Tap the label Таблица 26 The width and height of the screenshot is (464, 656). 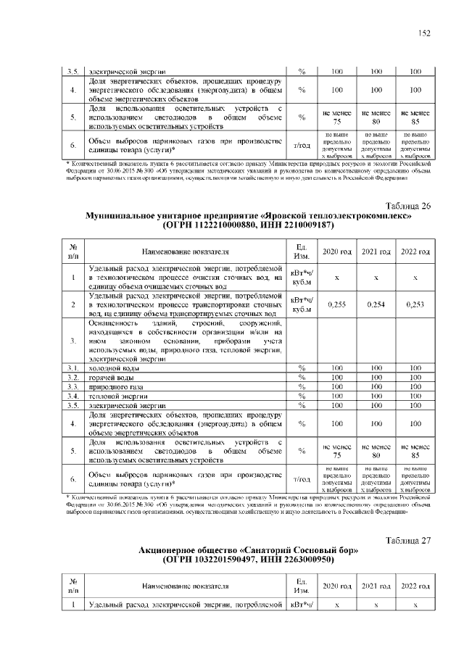click(409, 206)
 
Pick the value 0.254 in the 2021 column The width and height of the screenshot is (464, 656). click(376, 305)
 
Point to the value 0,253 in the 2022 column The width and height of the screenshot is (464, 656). click(415, 305)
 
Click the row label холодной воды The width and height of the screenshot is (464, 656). click(109, 368)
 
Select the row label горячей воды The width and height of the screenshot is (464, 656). click(108, 378)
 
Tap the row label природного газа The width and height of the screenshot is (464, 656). click(112, 387)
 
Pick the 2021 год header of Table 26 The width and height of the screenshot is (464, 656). click(376, 251)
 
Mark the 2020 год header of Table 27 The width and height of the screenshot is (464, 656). click(336, 585)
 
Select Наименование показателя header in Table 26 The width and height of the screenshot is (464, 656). click(186, 252)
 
